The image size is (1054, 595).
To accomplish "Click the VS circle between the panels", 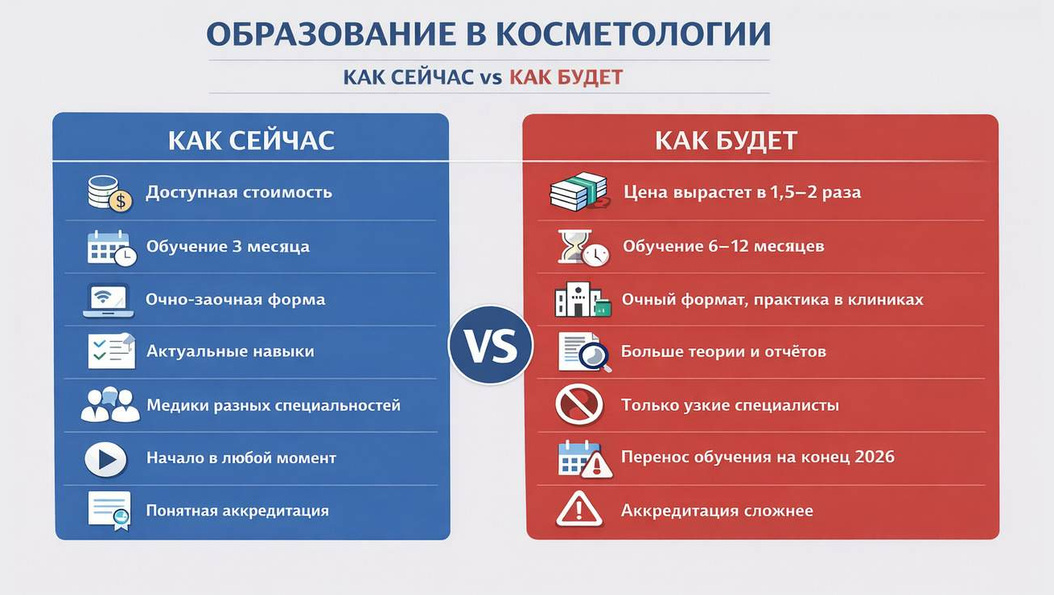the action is point(491,345).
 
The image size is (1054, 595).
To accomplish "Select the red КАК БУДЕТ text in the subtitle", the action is point(566,77).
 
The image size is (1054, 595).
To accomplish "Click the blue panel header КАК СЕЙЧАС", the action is point(251,140).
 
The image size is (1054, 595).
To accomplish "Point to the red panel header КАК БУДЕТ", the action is point(726,140).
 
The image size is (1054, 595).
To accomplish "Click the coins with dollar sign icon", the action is point(110,193).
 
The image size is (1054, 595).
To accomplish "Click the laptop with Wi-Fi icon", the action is point(108,300).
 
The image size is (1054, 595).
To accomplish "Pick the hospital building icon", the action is point(583,299).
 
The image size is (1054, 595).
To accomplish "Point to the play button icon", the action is point(106,459).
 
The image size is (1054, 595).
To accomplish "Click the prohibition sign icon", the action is point(578,404).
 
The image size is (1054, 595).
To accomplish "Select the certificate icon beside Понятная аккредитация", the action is point(109,511).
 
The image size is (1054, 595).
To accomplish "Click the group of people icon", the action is point(110,404).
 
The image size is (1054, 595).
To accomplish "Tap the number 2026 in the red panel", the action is point(875,457).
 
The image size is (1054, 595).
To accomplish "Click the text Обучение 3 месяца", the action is point(228,247).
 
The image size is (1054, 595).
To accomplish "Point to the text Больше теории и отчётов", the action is point(723,351).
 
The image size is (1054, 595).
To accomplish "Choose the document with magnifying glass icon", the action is point(585,352).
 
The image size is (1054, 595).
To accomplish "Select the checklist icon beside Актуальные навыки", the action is point(112,351).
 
